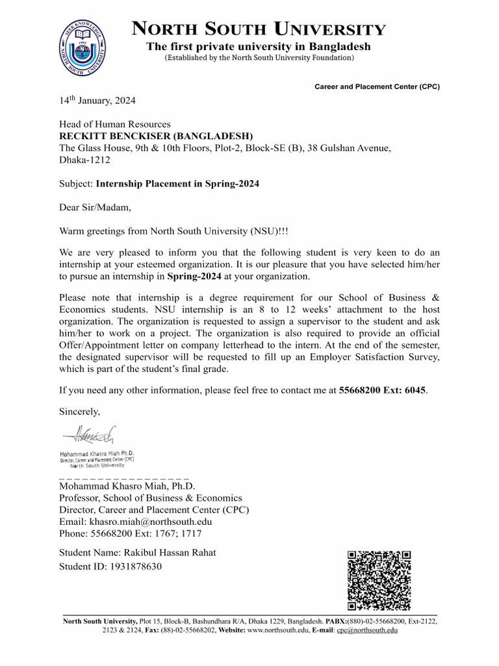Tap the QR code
380,581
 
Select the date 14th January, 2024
98,101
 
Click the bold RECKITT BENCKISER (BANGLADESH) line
156,136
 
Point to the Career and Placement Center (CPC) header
377,87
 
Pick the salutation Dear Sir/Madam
95,208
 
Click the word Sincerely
80,411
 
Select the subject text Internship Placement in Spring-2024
177,184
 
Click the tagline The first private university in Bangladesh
259,46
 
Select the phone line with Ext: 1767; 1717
131,534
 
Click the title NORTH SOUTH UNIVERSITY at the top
259,29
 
